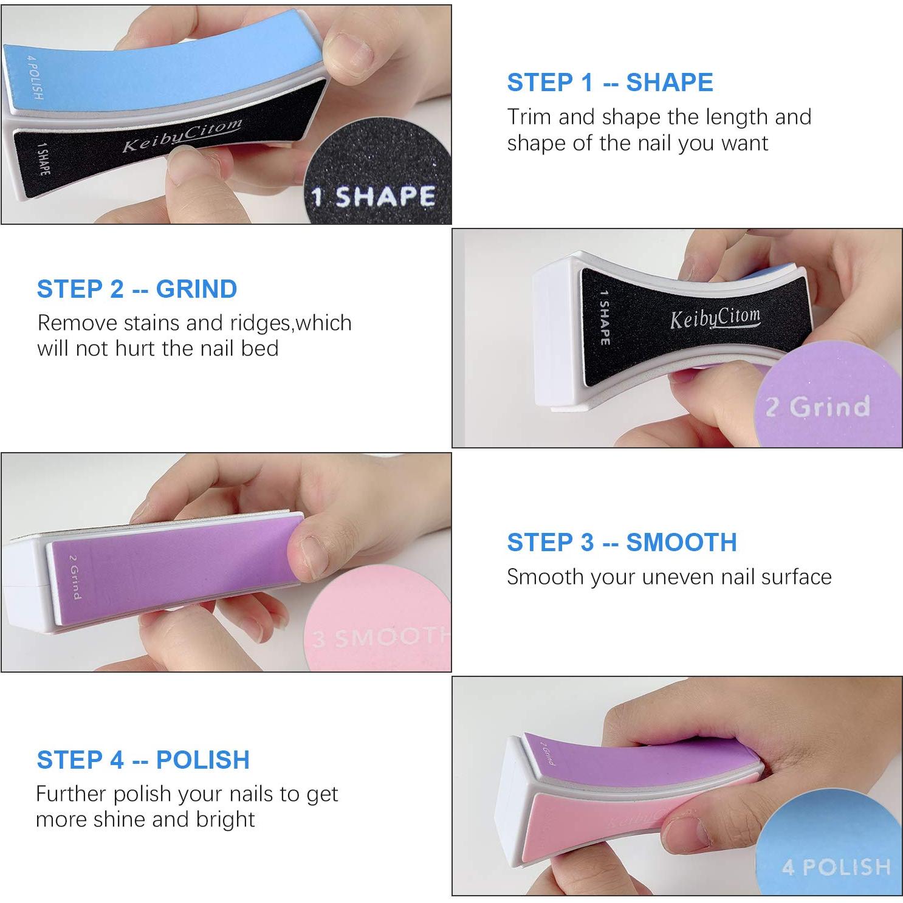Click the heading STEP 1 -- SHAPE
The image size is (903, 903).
pyautogui.click(x=609, y=83)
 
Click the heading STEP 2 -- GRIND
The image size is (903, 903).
pyautogui.click(x=137, y=289)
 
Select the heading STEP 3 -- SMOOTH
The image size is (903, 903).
pyautogui.click(x=622, y=542)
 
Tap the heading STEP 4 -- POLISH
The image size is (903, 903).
pyautogui.click(x=143, y=760)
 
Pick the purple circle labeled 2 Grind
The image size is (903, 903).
pyautogui.click(x=826, y=395)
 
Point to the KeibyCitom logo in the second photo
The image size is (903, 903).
pyautogui.click(x=715, y=318)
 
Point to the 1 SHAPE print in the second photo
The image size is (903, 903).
pyautogui.click(x=605, y=317)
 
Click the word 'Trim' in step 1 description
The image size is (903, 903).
pyautogui.click(x=529, y=117)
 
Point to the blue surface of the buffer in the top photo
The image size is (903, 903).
pyautogui.click(x=152, y=67)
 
